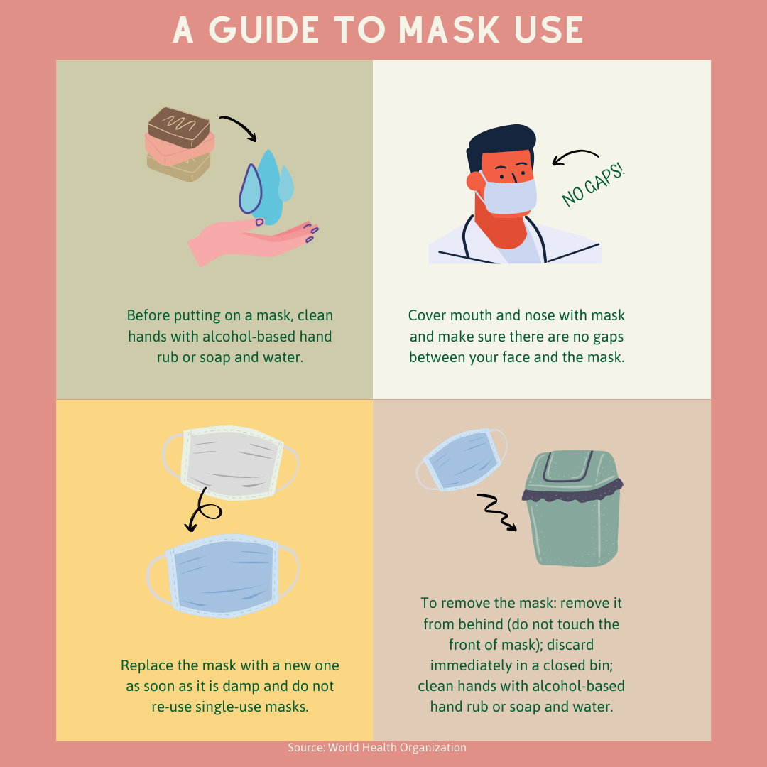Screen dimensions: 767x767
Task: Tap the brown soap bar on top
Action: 179,126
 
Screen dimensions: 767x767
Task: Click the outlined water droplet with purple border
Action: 251,189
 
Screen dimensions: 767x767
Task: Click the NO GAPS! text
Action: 593,185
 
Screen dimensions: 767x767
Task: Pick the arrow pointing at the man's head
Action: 575,153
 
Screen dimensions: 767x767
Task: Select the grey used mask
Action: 232,463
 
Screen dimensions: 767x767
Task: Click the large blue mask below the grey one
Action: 222,575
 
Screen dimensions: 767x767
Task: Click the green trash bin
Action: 573,508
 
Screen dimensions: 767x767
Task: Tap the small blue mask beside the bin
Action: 462,459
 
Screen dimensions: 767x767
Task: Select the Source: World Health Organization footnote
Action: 376,747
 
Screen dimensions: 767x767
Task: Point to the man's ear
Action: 474,181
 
